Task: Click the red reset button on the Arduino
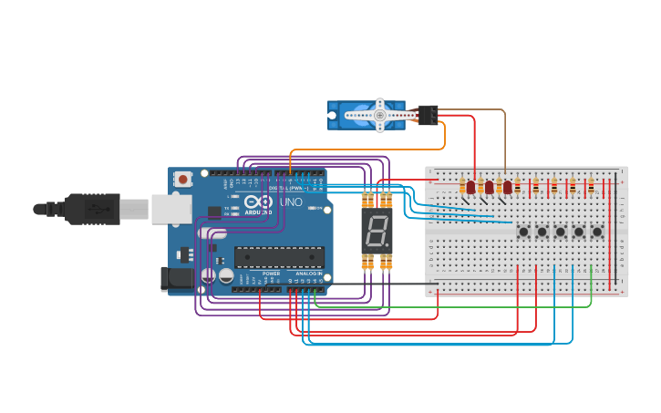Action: (183, 179)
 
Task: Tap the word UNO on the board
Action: (291, 201)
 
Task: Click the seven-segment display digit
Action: (377, 232)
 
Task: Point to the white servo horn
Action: (380, 116)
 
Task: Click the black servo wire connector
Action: (427, 115)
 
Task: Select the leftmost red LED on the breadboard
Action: (470, 188)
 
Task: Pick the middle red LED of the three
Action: (489, 188)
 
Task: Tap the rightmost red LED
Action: (508, 188)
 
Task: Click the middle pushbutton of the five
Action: (560, 232)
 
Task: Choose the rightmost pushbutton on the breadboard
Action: (597, 232)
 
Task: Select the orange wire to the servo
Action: (365, 150)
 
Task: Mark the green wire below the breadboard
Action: (456, 306)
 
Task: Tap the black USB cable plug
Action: (91, 209)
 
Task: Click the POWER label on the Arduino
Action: (272, 274)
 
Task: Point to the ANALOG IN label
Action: (307, 274)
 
